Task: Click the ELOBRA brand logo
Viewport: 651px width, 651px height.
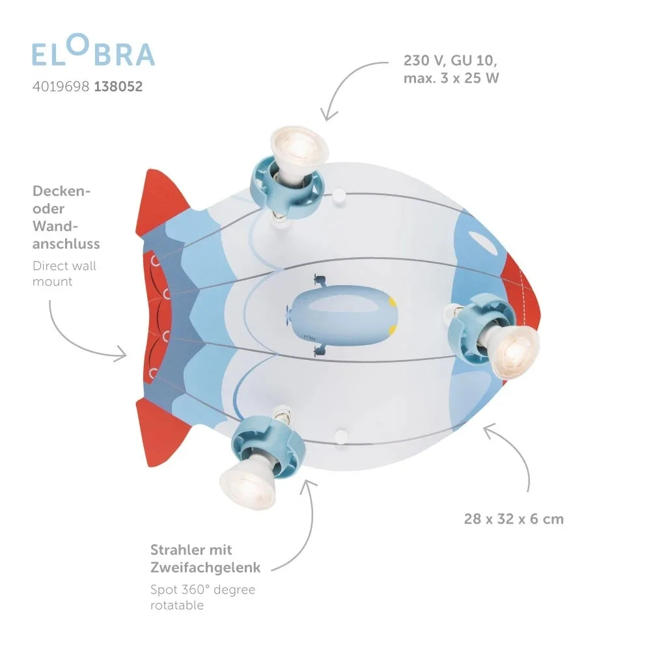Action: [x=93, y=50]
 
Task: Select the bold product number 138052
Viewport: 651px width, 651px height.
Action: [x=118, y=87]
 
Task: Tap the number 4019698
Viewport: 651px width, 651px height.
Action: [x=61, y=87]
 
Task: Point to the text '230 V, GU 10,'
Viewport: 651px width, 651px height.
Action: [x=450, y=61]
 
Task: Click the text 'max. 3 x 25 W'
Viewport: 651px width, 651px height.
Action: [x=451, y=78]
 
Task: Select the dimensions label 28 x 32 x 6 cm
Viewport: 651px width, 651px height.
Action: [x=514, y=519]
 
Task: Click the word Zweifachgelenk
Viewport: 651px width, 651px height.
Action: [x=206, y=568]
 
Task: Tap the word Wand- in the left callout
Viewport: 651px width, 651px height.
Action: [x=55, y=227]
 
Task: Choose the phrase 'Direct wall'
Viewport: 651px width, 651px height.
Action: [x=64, y=266]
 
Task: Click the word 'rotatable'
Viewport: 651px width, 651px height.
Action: [x=177, y=605]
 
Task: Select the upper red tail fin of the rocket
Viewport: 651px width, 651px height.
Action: [x=160, y=203]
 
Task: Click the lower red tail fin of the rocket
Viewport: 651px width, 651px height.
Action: [x=160, y=432]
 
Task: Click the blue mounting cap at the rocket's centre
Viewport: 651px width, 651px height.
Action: [x=342, y=314]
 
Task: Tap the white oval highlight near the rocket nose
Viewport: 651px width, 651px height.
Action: [x=483, y=242]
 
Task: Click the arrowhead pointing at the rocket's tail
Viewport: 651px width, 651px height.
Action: [x=121, y=353]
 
